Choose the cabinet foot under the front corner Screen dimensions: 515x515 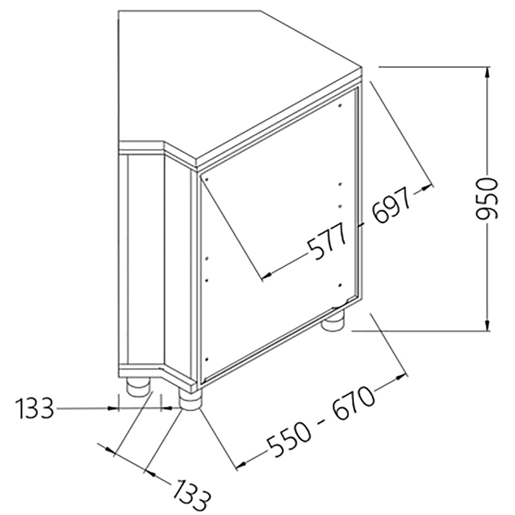[x=190, y=400]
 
